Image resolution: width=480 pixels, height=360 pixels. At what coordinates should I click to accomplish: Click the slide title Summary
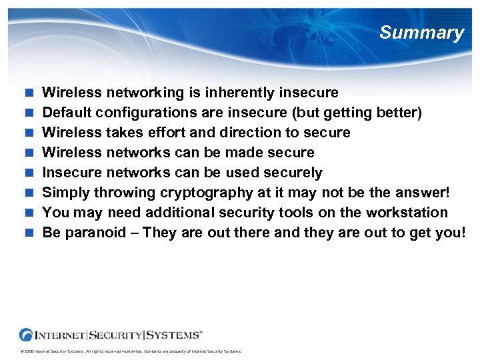coord(421,33)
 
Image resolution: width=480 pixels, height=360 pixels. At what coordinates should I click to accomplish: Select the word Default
coord(65,113)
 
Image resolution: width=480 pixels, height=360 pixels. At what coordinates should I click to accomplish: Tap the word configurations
coord(142,113)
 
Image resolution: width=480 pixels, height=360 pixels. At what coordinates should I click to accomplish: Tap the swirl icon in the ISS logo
coord(27,335)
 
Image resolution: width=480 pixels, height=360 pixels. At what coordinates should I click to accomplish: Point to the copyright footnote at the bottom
coord(131,351)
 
